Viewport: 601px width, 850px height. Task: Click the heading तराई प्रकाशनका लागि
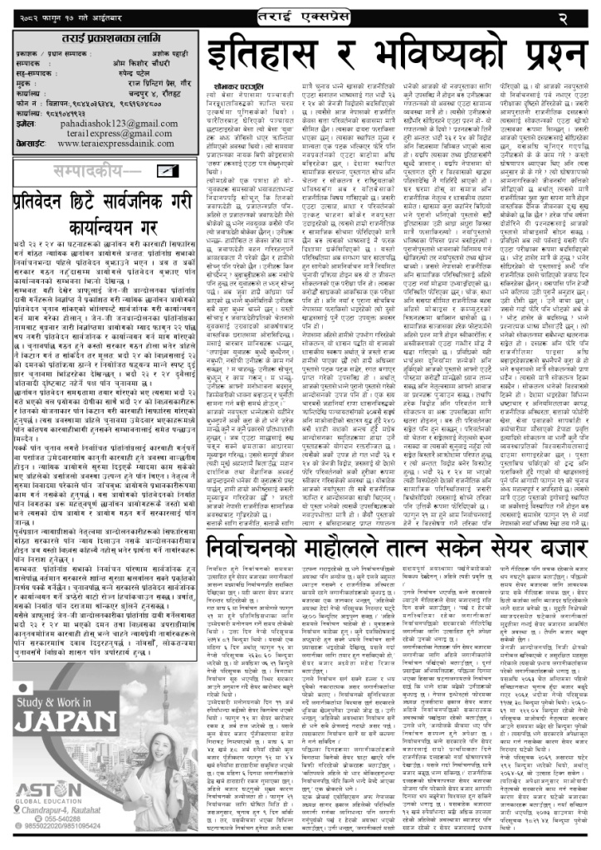tap(103, 44)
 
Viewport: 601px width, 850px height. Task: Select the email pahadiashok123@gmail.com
tap(124, 122)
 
